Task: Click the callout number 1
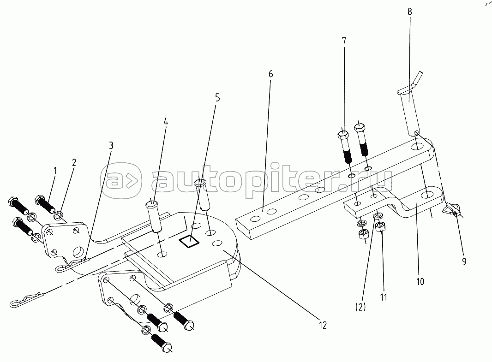55,171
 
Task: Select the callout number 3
111,145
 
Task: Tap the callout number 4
166,122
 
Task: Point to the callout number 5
217,98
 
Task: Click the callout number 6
270,74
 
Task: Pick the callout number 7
343,41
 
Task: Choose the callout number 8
410,12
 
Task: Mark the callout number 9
464,261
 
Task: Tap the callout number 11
384,297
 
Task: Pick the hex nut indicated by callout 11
380,227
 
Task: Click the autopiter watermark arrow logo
122,180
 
